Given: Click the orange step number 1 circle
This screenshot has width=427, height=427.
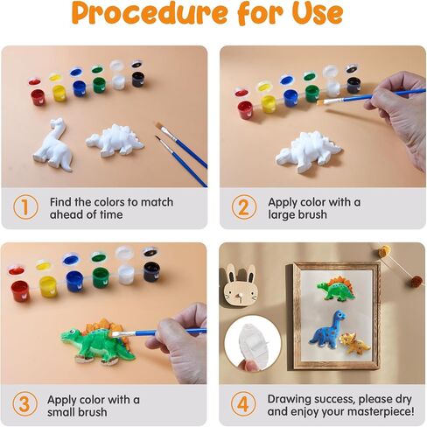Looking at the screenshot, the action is coord(25,207).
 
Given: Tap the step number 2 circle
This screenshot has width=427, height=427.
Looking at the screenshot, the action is coord(244,207).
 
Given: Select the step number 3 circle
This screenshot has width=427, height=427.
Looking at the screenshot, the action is coord(25,404).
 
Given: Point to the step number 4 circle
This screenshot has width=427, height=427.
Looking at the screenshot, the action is coord(243,404).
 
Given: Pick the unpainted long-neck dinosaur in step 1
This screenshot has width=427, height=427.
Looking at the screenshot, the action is coord(53,145).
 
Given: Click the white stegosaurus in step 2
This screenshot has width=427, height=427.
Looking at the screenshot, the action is coord(308,151).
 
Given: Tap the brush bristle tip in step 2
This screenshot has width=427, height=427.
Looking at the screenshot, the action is coord(318,102).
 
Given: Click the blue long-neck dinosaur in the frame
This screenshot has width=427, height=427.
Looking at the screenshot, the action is coord(328,329).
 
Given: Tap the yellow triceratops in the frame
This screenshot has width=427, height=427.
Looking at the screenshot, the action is coord(354,343).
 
